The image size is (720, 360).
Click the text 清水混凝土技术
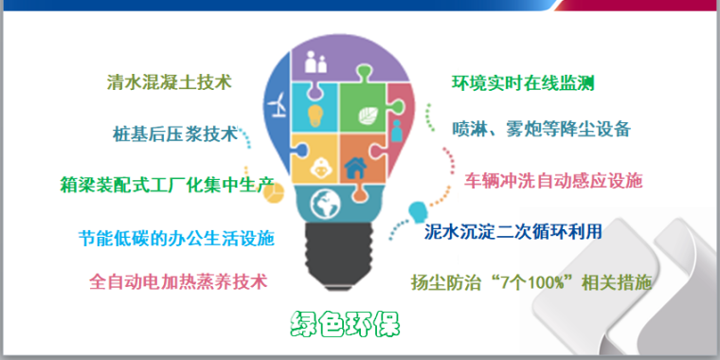click(169, 82)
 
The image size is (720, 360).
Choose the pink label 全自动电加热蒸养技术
click(178, 281)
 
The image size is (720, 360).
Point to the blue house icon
click(357, 169)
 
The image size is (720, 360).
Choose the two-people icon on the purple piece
click(316, 64)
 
